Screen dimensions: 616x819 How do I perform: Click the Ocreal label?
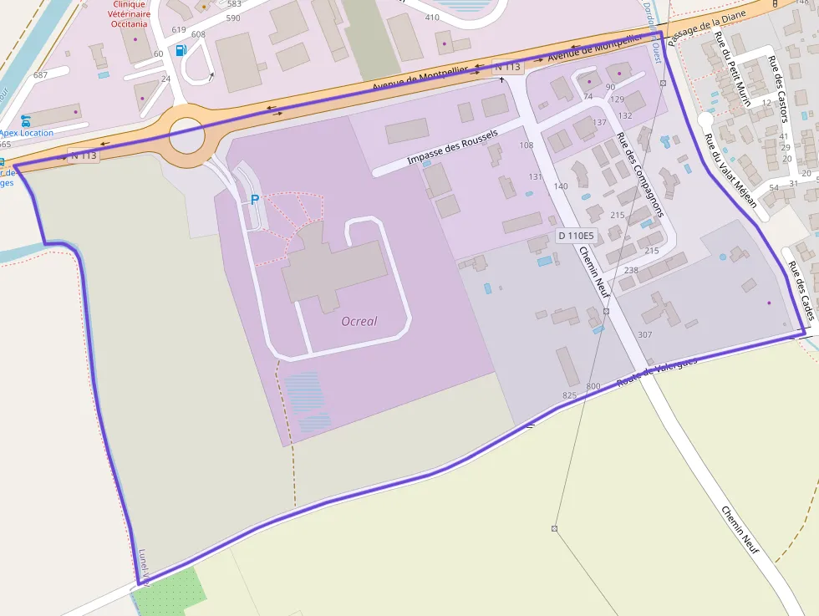tap(359, 321)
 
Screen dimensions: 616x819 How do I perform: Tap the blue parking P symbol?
tap(255, 200)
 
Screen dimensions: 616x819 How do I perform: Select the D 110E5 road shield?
tap(575, 236)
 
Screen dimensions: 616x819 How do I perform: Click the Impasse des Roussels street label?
tap(452, 147)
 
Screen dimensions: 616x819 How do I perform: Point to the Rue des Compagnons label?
tap(640, 175)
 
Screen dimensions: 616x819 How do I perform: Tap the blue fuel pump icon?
tap(181, 49)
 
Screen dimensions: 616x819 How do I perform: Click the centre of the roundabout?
tap(186, 135)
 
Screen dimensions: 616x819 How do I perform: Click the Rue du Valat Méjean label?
tap(730, 171)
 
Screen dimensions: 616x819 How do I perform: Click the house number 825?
tap(569, 395)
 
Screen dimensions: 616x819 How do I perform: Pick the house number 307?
tap(644, 334)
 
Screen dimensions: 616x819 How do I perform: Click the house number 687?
tap(40, 75)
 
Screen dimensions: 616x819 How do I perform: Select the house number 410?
tap(432, 18)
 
